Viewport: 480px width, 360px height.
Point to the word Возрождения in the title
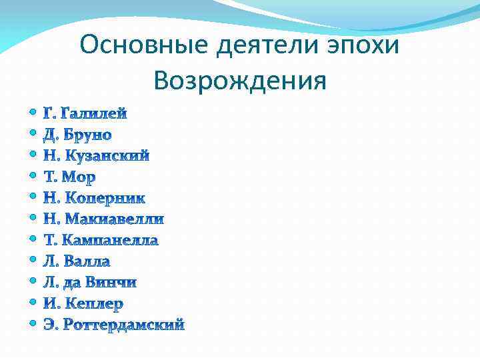pyautogui.click(x=239, y=81)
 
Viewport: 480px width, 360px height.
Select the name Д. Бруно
pyautogui.click(x=77, y=135)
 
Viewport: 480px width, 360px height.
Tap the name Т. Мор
pyautogui.click(x=69, y=177)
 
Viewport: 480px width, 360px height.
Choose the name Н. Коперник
pyautogui.click(x=94, y=198)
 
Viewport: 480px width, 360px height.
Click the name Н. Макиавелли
pyautogui.click(x=103, y=219)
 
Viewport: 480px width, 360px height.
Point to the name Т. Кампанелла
pyautogui.click(x=101, y=240)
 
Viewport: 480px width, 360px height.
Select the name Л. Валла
pyautogui.click(x=77, y=261)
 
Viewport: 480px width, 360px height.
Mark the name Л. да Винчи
pyautogui.click(x=90, y=283)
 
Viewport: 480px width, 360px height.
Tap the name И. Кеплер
pyautogui.click(x=83, y=304)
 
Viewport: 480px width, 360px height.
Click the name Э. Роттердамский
pyautogui.click(x=113, y=325)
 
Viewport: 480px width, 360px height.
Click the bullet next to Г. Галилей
pyautogui.click(x=33, y=113)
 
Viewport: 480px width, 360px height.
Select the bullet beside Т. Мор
pyautogui.click(x=33, y=176)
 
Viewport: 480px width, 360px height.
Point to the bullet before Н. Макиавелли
pyautogui.click(x=33, y=218)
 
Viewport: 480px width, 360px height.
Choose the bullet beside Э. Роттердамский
pyautogui.click(x=33, y=324)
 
